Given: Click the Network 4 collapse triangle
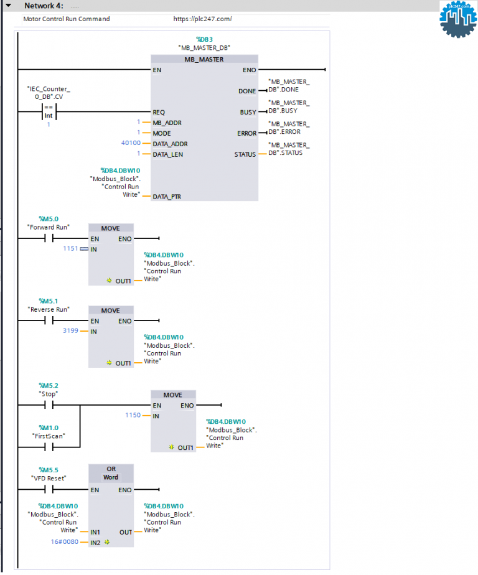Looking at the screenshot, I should point(8,6).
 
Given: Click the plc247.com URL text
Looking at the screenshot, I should point(202,19).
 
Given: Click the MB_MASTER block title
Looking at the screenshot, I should point(204,60).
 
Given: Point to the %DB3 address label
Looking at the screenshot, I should point(204,39).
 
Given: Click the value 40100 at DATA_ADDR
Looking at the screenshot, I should point(131,144).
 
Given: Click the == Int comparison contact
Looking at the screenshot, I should point(49,112).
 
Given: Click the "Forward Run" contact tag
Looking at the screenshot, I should point(49,227).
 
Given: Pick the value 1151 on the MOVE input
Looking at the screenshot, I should point(70,249).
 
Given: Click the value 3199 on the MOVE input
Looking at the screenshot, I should point(70,331).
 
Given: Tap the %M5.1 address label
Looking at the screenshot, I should point(49,301).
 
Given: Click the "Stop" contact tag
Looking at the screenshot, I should point(48,394).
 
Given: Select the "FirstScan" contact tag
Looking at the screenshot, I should point(49,436).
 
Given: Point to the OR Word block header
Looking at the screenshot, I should point(111,473).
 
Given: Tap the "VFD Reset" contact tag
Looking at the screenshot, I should point(49,478).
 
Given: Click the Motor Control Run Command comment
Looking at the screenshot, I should point(67,19).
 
